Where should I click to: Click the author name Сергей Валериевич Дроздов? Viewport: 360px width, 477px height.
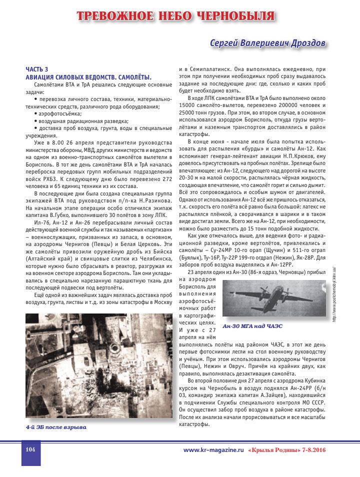point(267,44)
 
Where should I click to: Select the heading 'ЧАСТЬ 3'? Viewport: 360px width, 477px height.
point(36,69)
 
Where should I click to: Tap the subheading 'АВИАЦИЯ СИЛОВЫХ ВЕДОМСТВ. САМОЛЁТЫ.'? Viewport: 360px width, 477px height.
point(88,77)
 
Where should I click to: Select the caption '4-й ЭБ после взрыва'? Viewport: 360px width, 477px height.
point(56,427)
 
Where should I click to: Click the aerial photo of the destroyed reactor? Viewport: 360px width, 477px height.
point(99,365)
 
